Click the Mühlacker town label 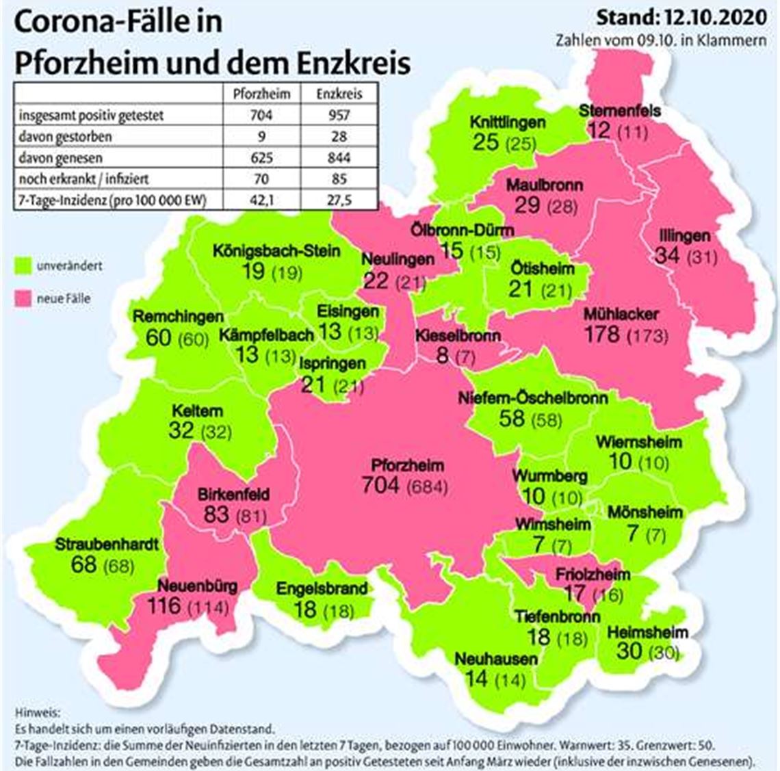coord(621,315)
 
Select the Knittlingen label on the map coord(507,122)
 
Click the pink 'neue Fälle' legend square coord(24,298)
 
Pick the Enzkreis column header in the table coord(339,94)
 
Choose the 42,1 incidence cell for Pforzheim coord(261,200)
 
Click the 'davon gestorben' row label coord(65,136)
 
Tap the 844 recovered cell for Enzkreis coord(339,158)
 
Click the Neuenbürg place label coord(198,586)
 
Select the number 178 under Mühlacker coord(602,335)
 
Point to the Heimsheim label coord(647,632)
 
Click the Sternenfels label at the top coord(619,110)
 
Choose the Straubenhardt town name coord(107,545)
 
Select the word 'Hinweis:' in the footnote coord(31,712)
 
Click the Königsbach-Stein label coord(276,250)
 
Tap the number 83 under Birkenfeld coord(216,513)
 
